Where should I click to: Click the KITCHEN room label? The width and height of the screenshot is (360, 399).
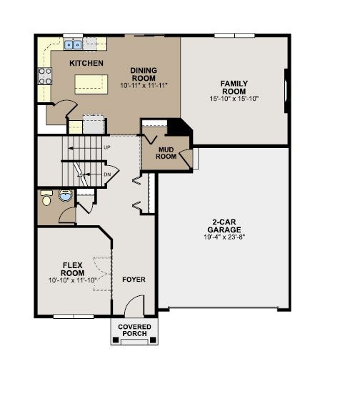click(86, 63)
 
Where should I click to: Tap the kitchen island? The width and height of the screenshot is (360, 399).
click(91, 84)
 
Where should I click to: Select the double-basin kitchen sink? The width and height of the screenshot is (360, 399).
click(73, 45)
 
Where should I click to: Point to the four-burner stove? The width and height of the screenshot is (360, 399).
click(45, 76)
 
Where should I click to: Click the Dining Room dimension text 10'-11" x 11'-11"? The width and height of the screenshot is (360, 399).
click(144, 85)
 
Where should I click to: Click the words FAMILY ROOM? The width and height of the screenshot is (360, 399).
click(234, 87)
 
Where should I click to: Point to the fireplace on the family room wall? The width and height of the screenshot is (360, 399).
click(286, 91)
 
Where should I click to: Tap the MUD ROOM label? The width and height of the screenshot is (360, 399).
click(166, 153)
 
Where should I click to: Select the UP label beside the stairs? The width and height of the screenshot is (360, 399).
click(107, 147)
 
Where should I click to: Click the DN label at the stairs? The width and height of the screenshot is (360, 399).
click(107, 174)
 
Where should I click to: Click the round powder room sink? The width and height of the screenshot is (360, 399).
click(66, 195)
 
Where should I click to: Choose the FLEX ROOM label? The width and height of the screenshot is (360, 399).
click(73, 270)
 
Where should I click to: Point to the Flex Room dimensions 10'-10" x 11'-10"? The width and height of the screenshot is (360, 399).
click(72, 280)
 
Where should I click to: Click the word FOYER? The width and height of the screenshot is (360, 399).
click(134, 280)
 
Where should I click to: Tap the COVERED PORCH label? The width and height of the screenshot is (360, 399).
click(134, 330)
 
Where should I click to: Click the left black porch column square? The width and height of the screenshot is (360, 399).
click(116, 340)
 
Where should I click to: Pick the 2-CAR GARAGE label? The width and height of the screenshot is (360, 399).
click(224, 226)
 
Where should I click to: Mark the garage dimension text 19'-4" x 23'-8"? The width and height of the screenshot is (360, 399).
click(224, 237)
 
